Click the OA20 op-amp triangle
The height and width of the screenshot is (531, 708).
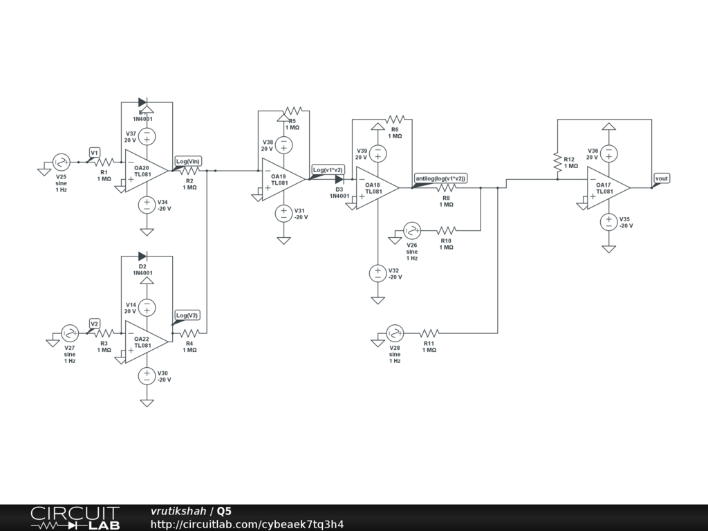coord(146,170)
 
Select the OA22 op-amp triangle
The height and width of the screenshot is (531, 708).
coord(146,341)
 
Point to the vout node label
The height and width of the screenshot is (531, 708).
coord(662,178)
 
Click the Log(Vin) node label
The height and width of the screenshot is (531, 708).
coord(188,161)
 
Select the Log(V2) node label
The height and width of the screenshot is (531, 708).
coord(187,315)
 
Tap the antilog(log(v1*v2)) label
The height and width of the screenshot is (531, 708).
coord(440,178)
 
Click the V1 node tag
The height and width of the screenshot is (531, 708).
coord(95,152)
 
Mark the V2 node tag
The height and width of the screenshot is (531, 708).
coord(95,323)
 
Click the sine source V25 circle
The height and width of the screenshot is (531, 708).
coord(62,162)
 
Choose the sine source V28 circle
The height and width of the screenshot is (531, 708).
coord(395,333)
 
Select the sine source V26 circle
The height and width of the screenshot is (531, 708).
coord(412,230)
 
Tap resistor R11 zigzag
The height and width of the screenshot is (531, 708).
coord(429,333)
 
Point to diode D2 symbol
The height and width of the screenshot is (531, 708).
coord(142,257)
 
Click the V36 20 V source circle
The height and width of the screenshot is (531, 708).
coord(608,153)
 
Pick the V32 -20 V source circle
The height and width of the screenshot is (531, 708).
coord(378,273)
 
